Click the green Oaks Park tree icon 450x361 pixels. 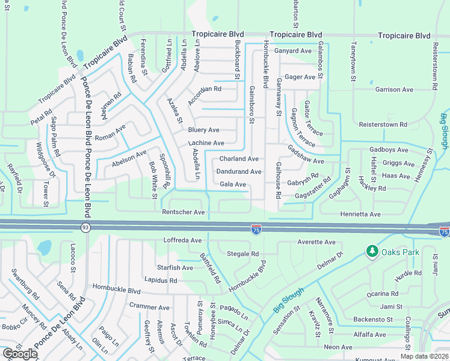pyautogui.click(x=372, y=251)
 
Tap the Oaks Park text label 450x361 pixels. pyautogui.click(x=399, y=252)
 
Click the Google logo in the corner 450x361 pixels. pyautogui.click(x=19, y=354)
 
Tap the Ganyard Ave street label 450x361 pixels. pyautogui.click(x=293, y=51)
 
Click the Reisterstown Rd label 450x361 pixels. pyautogui.click(x=383, y=125)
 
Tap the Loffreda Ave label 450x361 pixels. pyautogui.click(x=182, y=240)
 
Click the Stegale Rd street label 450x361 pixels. pyautogui.click(x=242, y=254)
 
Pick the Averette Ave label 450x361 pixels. pyautogui.click(x=316, y=242)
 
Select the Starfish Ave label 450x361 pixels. pyautogui.click(x=174, y=267)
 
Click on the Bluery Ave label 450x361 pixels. pyautogui.click(x=203, y=130)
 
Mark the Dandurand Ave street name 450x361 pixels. pyautogui.click(x=238, y=171)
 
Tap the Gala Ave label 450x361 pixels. pyautogui.click(x=233, y=184)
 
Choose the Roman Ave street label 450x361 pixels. pyautogui.click(x=110, y=129)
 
